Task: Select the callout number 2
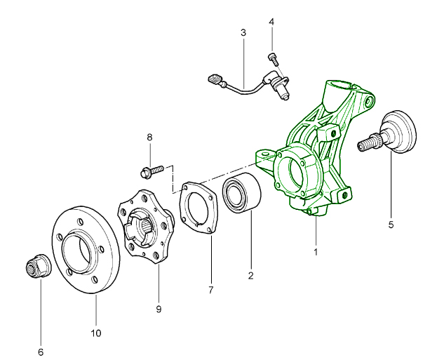(x=250, y=275)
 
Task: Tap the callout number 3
(x=243, y=32)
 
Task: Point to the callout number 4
(x=271, y=22)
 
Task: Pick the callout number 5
(x=391, y=225)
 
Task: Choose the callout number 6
(x=40, y=351)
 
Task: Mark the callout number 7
(x=211, y=288)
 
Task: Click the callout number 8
(x=149, y=138)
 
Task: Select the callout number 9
(x=159, y=308)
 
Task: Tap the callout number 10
(x=96, y=332)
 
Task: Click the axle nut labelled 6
(x=34, y=267)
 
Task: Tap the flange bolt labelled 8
(x=152, y=169)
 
